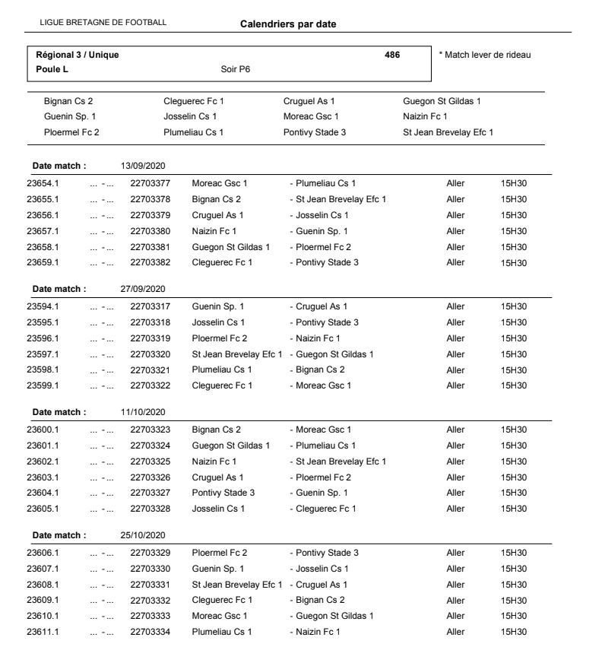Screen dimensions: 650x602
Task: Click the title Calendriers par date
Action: pyautogui.click(x=288, y=24)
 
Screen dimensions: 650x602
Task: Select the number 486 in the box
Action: pyautogui.click(x=392, y=55)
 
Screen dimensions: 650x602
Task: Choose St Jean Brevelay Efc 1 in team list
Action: pyautogui.click(x=448, y=132)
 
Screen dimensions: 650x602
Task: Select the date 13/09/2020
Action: pyautogui.click(x=144, y=165)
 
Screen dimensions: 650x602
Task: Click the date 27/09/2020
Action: pyautogui.click(x=144, y=289)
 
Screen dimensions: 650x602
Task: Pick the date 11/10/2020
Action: pyautogui.click(x=144, y=412)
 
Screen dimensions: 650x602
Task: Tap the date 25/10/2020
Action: pyautogui.click(x=144, y=536)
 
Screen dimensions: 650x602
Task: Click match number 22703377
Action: pyautogui.click(x=150, y=183)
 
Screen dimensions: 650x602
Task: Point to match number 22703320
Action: pyautogui.click(x=150, y=354)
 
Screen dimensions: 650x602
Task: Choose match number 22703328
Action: pyautogui.click(x=150, y=509)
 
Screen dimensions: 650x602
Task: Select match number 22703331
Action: pyautogui.click(x=150, y=585)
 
